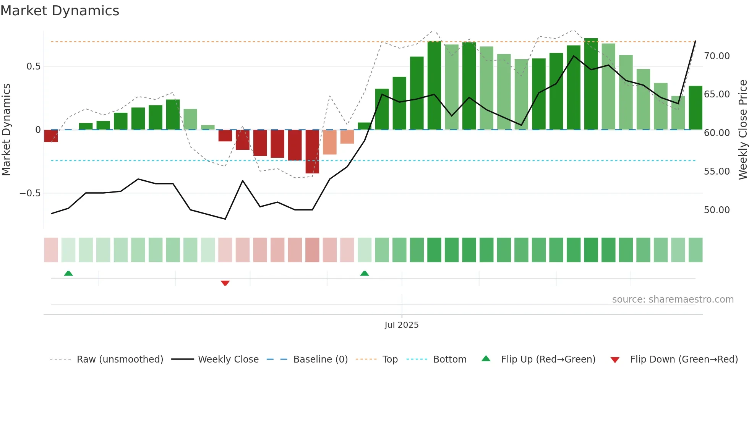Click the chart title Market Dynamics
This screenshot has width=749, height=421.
(60, 11)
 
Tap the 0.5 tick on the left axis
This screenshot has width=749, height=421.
(33, 66)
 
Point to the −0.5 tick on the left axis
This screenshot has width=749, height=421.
(30, 193)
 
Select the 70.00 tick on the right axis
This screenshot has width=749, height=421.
(717, 56)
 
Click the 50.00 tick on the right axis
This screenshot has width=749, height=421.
(717, 210)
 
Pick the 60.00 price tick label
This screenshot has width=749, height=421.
(717, 133)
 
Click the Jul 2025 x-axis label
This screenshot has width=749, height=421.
(401, 325)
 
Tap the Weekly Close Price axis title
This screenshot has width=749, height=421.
(743, 130)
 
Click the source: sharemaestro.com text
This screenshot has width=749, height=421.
(673, 300)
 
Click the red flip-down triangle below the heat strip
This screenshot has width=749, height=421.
(225, 283)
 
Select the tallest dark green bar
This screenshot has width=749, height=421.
(591, 84)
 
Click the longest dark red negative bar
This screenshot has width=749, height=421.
(312, 152)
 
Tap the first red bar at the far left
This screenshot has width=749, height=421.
(51, 136)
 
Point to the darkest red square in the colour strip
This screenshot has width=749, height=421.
(312, 250)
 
